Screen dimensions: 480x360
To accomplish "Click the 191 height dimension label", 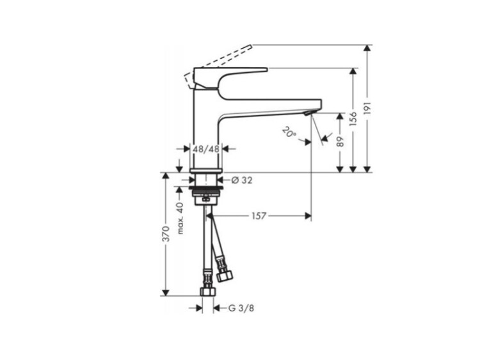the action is [x=367, y=109].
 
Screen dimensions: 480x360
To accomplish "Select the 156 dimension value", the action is [x=353, y=119].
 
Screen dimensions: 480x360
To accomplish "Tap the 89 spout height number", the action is [x=340, y=142].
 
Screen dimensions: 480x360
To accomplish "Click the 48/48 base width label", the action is [x=206, y=149].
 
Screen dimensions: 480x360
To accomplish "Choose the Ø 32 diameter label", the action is [x=242, y=180].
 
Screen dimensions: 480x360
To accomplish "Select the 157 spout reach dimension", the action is [x=259, y=216].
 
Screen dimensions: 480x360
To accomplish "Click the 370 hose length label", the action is [x=166, y=233].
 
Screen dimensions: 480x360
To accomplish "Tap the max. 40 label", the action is [x=180, y=218].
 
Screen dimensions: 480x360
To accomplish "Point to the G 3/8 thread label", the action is [x=241, y=308].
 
